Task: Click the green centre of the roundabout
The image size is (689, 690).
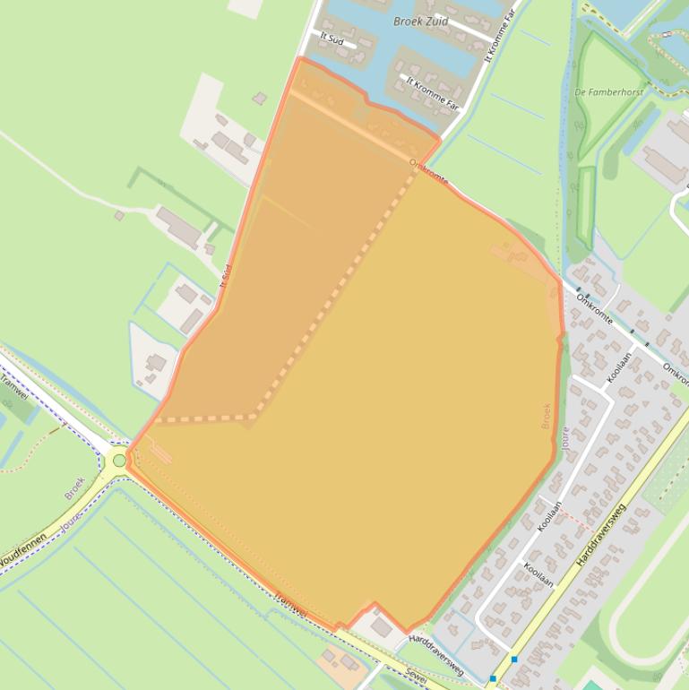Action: click(119, 461)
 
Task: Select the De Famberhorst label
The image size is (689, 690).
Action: click(609, 91)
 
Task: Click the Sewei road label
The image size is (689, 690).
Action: click(414, 675)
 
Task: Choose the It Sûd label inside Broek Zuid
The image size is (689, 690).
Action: click(332, 39)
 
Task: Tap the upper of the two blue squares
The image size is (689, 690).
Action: click(514, 660)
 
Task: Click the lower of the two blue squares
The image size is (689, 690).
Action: click(494, 677)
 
